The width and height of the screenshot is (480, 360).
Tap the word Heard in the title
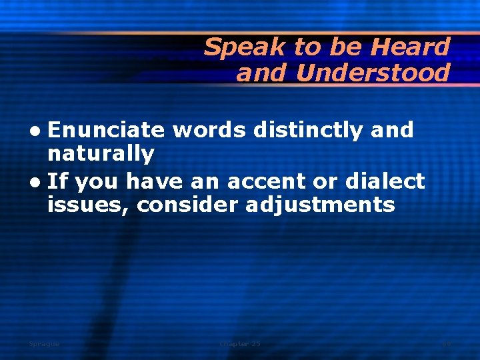click(410, 47)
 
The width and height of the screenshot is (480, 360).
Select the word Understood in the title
click(373, 73)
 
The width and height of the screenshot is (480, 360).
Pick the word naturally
click(101, 155)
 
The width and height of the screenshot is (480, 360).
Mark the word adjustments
click(320, 205)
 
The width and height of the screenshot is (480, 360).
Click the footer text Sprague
click(44, 344)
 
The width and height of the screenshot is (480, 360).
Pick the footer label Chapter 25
click(240, 344)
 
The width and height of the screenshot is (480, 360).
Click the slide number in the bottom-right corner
click(447, 344)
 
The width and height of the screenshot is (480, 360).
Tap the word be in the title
click(349, 47)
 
